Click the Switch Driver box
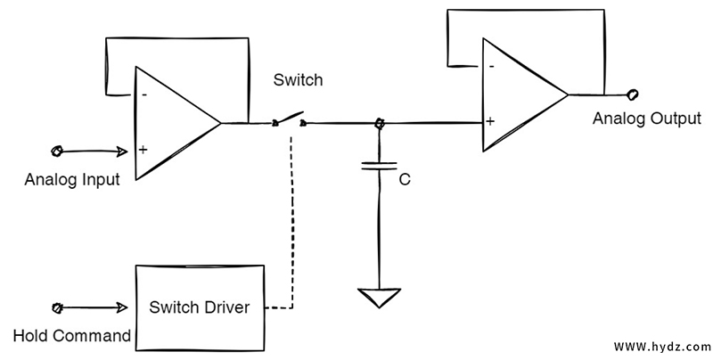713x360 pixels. (x=200, y=308)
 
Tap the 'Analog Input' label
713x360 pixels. (x=72, y=179)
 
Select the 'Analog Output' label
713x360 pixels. (x=646, y=118)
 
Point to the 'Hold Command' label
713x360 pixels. (x=72, y=336)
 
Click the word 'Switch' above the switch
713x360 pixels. (x=299, y=81)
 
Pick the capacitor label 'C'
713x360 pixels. (x=405, y=179)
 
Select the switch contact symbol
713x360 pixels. (x=290, y=122)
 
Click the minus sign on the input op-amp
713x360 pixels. (x=143, y=93)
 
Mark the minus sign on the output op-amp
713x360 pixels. (x=491, y=65)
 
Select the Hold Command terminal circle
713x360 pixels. (x=57, y=308)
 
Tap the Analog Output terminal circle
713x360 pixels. (x=633, y=94)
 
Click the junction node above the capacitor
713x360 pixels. (x=381, y=123)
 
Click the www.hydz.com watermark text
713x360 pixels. (x=661, y=345)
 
